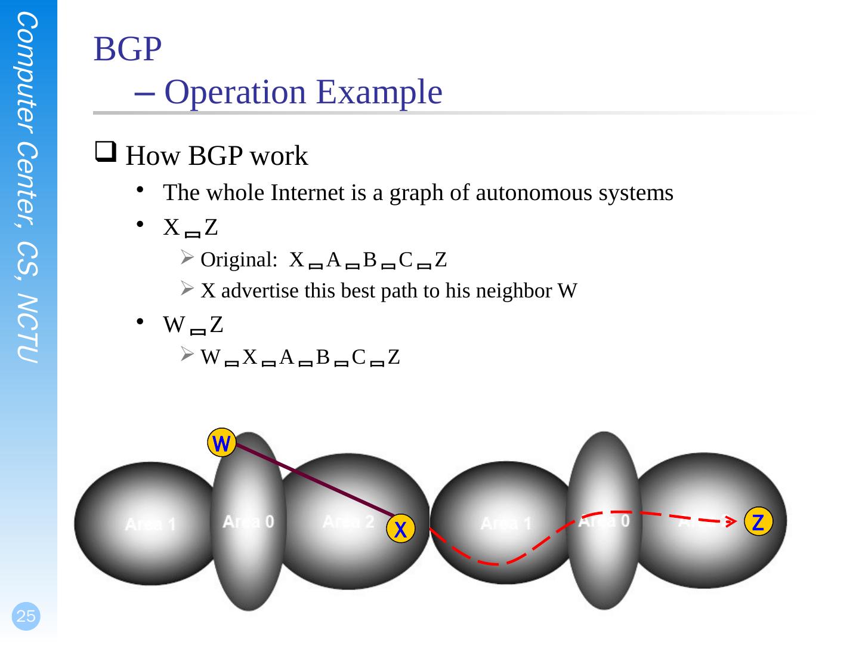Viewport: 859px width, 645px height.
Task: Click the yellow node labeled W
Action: [221, 443]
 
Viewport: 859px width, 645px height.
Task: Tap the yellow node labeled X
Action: [401, 529]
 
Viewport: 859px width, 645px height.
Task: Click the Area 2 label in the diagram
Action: [348, 521]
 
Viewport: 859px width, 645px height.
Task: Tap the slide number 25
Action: [26, 616]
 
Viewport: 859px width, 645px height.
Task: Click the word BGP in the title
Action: [127, 50]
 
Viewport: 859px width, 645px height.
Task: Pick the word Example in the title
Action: [379, 92]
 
